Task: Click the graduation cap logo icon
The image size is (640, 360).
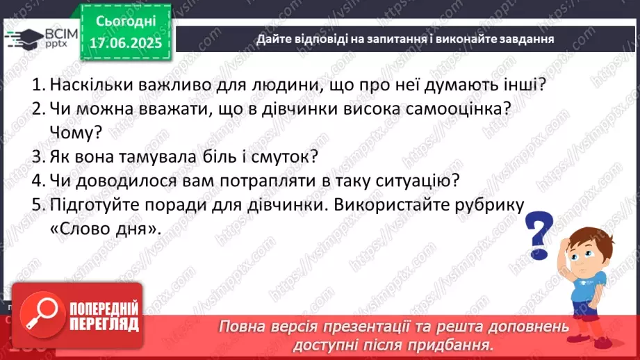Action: (26, 36)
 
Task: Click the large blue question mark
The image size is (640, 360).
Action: (539, 232)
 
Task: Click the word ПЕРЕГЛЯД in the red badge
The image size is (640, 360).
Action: (95, 324)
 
